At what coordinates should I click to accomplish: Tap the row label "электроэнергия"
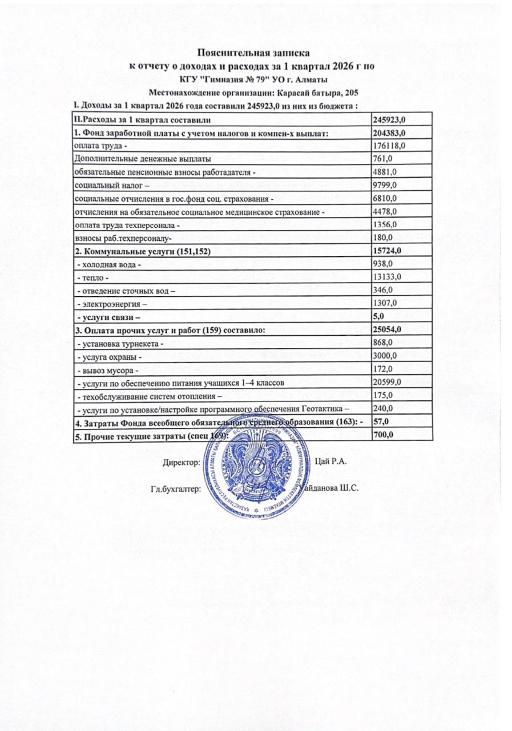111,303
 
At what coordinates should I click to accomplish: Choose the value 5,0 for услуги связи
378,316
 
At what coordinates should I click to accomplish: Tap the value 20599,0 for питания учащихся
388,381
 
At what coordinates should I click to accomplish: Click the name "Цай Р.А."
330,461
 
